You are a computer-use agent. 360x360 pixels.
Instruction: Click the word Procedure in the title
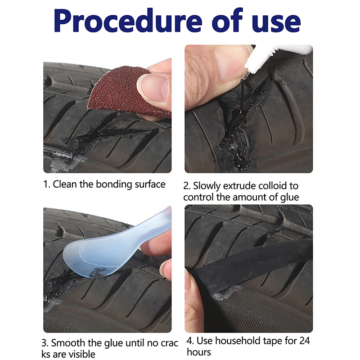pyautogui.click(x=128, y=21)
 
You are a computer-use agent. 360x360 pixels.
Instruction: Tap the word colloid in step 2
pyautogui.click(x=272, y=185)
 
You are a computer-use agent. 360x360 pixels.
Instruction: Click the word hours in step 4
pyautogui.click(x=199, y=352)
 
